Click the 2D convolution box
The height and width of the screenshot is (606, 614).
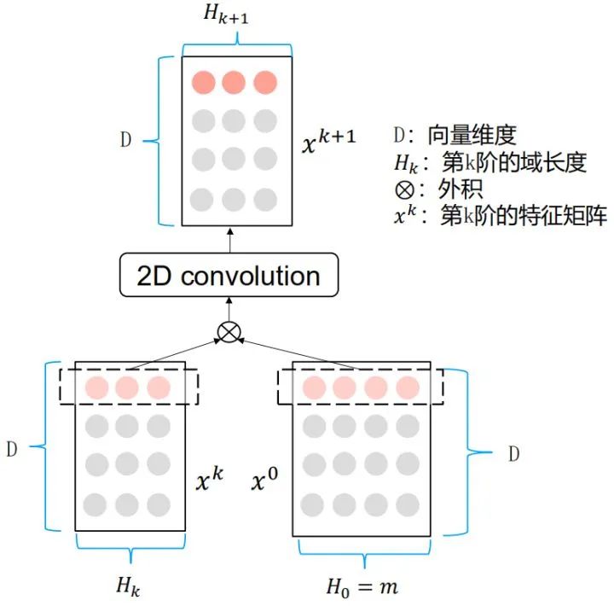click(229, 275)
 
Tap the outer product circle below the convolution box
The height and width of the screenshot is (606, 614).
click(229, 331)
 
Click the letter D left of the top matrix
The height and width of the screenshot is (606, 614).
click(125, 141)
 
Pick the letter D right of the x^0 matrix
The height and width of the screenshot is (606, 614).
click(513, 454)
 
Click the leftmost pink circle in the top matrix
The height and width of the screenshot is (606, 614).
click(204, 83)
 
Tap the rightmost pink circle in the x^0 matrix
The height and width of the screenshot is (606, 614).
click(408, 387)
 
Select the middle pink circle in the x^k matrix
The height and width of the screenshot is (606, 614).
click(128, 387)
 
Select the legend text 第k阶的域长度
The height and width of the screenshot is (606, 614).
click(513, 162)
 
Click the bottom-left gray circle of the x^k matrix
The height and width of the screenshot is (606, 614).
click(97, 504)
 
